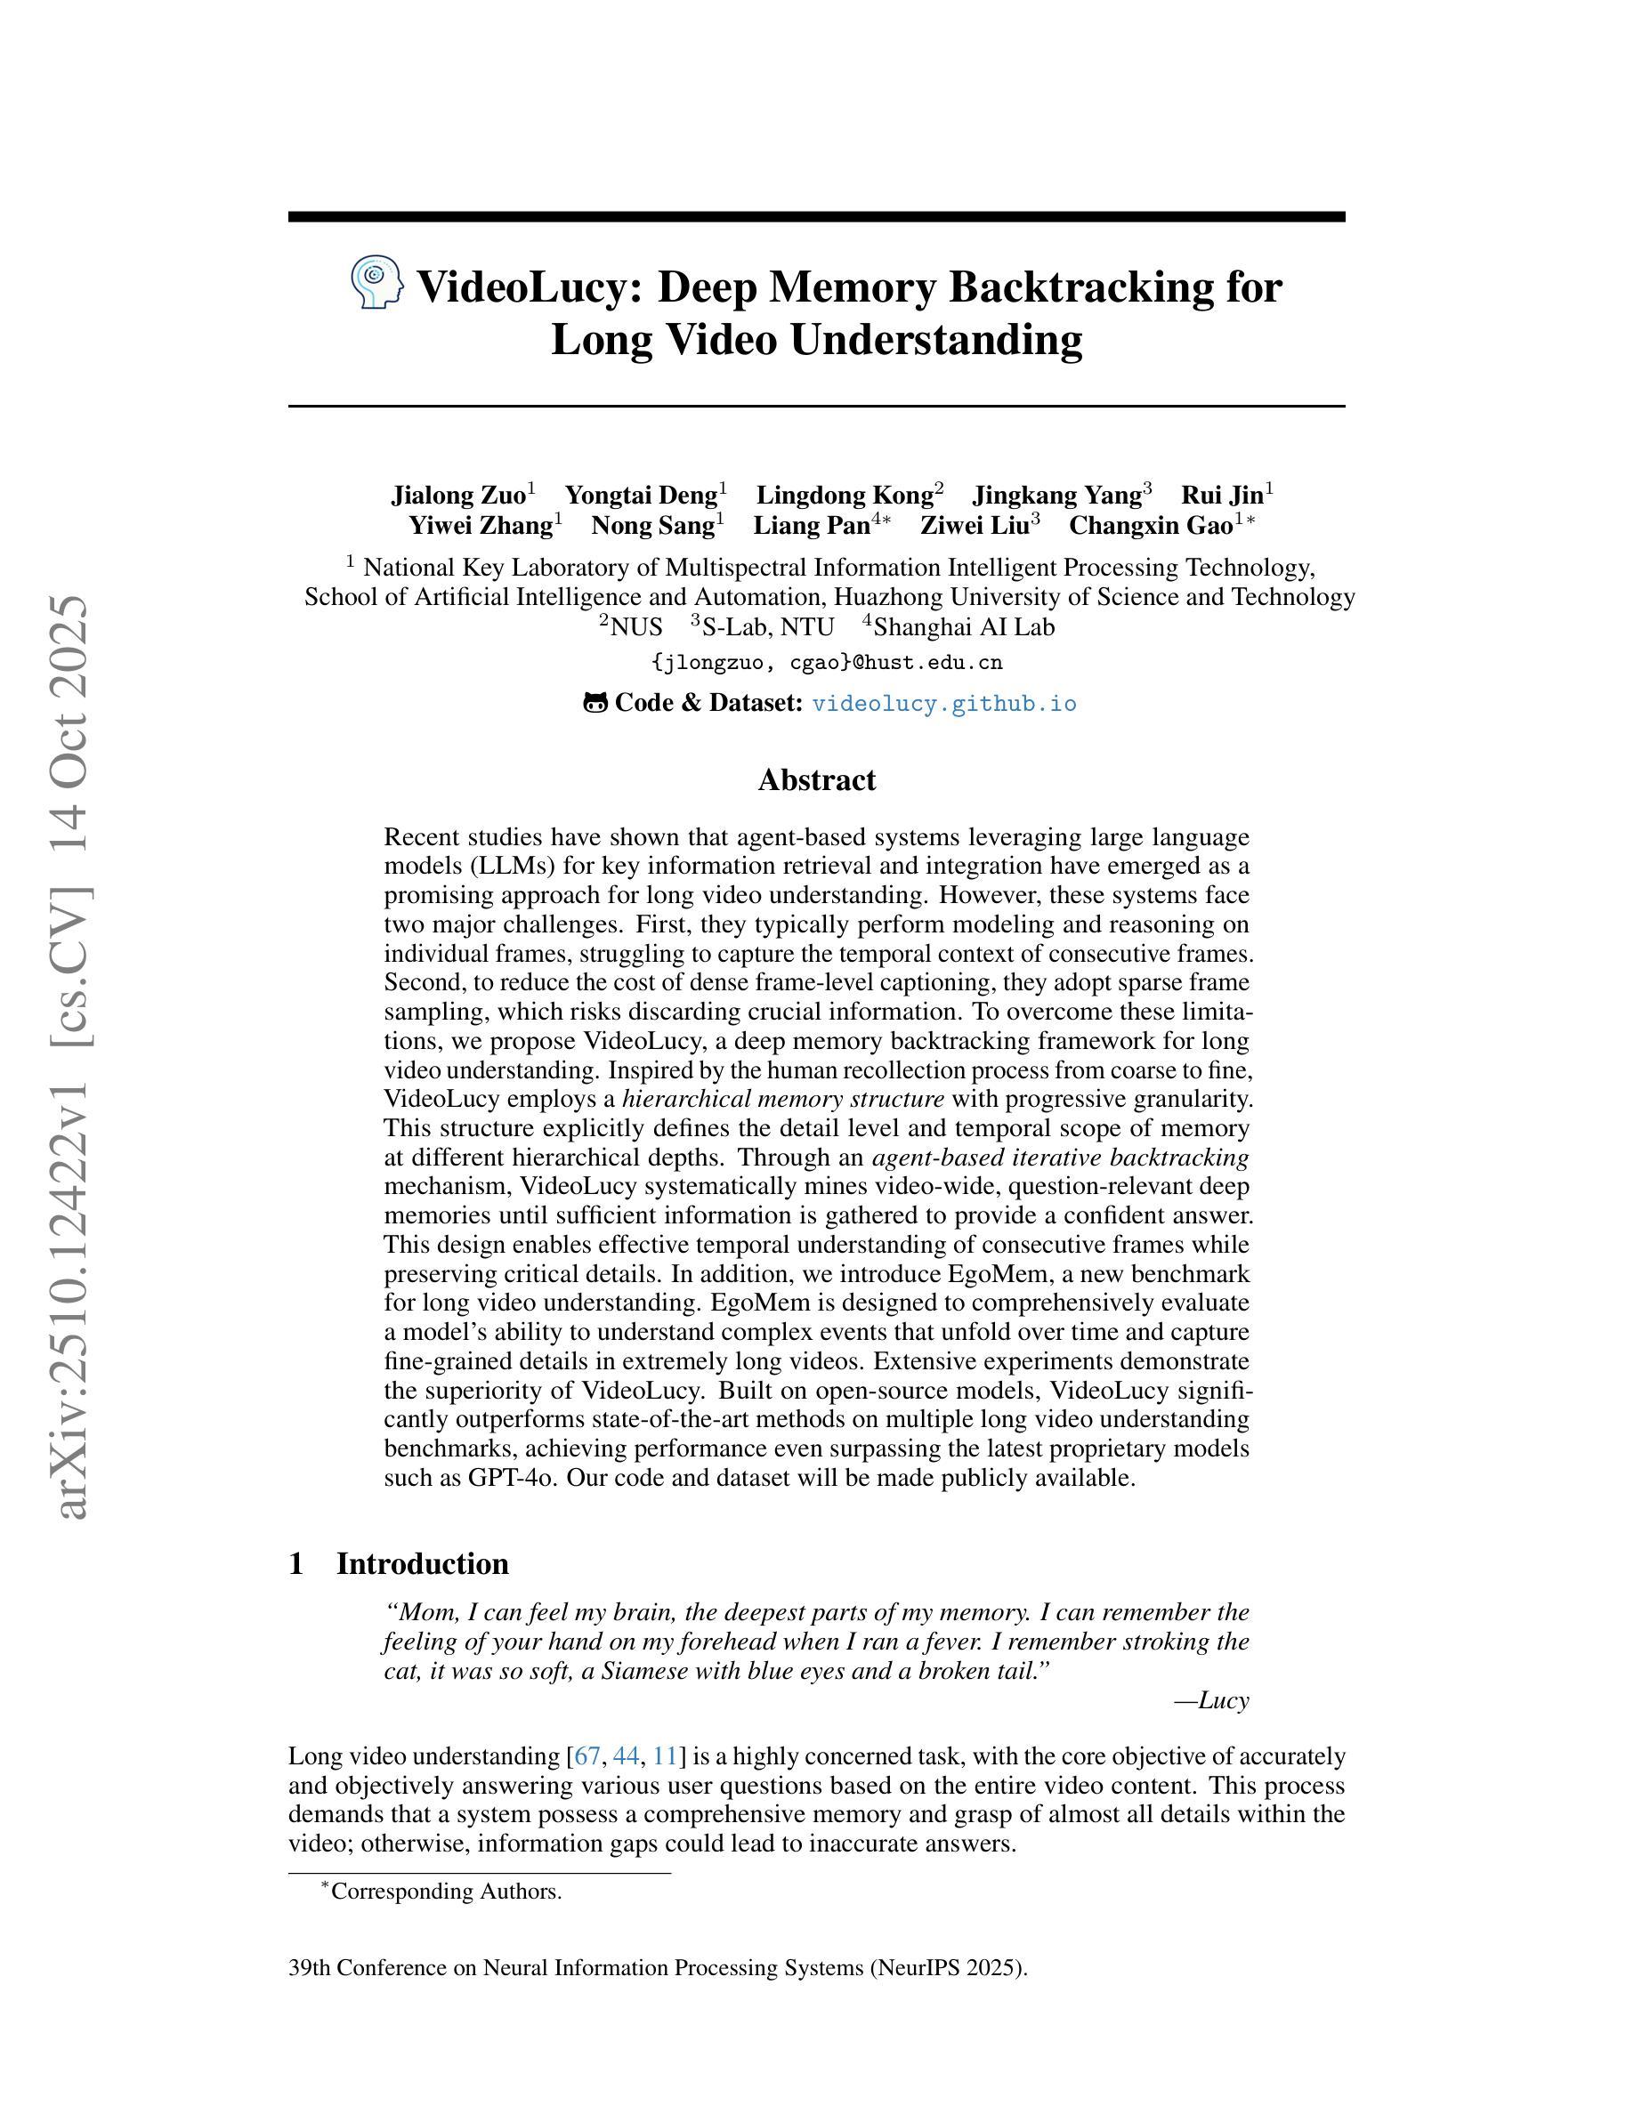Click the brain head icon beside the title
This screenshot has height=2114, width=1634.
click(376, 283)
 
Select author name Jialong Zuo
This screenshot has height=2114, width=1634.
click(457, 496)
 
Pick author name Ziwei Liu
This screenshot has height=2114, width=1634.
click(974, 526)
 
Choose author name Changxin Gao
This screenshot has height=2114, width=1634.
click(1151, 526)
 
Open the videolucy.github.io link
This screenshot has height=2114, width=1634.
click(943, 704)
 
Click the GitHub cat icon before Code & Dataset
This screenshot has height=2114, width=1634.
click(595, 703)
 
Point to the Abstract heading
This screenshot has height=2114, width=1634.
click(816, 780)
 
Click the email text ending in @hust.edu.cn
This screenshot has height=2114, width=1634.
click(828, 663)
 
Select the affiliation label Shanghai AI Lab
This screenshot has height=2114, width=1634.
click(963, 627)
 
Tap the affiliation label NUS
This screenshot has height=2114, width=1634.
click(636, 627)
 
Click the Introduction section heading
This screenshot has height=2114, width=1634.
click(422, 1564)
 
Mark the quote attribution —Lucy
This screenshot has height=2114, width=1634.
click(1211, 1699)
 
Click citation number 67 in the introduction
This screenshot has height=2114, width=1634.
click(587, 1755)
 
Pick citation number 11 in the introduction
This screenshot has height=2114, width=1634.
click(665, 1755)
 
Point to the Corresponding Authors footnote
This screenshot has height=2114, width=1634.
click(445, 1892)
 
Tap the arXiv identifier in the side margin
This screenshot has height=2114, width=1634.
click(74, 1055)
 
